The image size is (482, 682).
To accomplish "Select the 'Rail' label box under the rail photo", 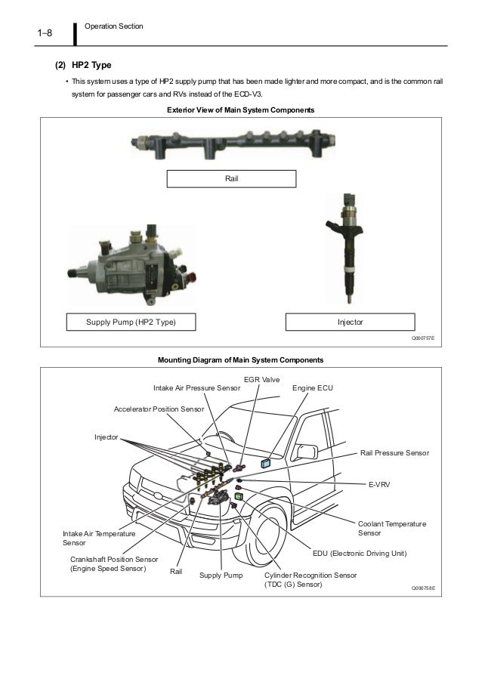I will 230,178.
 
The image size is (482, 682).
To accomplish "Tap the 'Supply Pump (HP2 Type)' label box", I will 131,322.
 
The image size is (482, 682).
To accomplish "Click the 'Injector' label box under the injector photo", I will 350,322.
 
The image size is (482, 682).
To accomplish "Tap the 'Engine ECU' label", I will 312,388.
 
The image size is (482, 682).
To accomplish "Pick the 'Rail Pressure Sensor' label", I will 394,453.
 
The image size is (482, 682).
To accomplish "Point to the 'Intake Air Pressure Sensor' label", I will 196,388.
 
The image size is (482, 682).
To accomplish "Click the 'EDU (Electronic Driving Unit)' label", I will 360,553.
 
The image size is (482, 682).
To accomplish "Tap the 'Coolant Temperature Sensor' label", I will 391,529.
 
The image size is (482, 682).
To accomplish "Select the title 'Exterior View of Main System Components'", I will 239,110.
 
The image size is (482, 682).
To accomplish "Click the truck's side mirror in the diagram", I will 305,452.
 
